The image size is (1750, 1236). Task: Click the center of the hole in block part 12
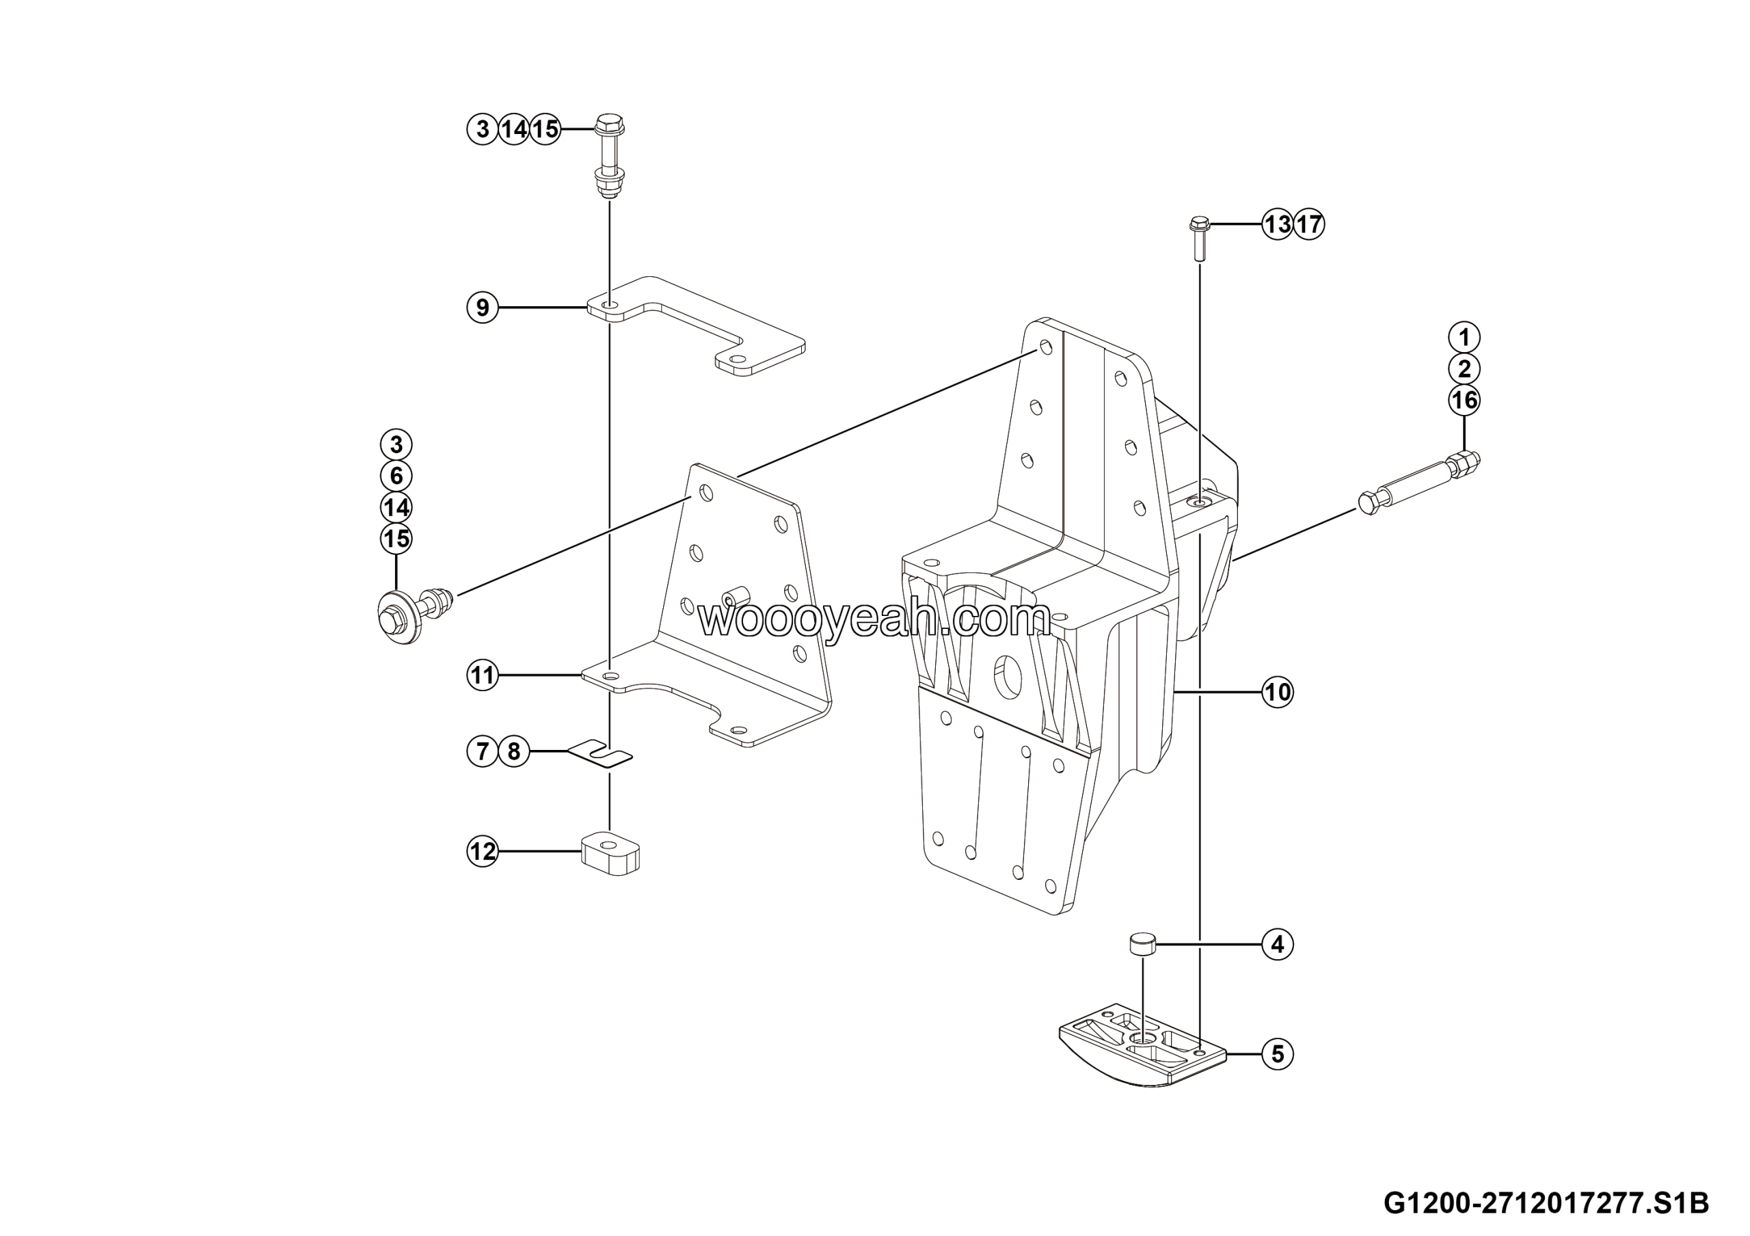point(608,844)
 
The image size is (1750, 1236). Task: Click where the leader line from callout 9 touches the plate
point(589,308)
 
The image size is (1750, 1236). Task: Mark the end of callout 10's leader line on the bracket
point(1174,692)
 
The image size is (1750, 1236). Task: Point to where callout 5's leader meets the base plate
point(1226,1054)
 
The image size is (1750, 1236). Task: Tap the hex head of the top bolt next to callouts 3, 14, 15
point(609,125)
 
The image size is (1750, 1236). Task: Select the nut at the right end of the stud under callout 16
point(1466,463)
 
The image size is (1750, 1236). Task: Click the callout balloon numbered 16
point(1464,401)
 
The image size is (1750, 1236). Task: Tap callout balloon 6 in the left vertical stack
point(396,476)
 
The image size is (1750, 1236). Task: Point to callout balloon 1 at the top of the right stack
point(1464,337)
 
